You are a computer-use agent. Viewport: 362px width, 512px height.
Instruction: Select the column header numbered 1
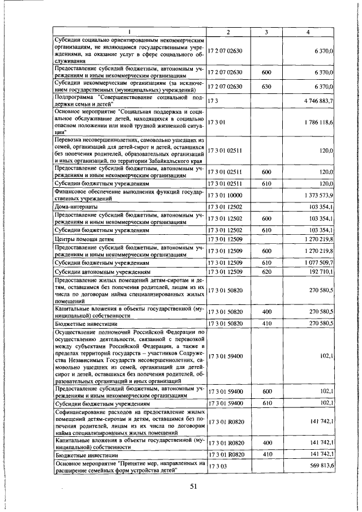tap(130, 33)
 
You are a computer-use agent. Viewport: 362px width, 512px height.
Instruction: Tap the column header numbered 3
tap(266, 33)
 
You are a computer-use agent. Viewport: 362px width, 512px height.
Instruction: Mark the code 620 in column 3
tap(266, 272)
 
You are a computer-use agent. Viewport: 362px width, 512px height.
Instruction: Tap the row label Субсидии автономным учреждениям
tap(102, 272)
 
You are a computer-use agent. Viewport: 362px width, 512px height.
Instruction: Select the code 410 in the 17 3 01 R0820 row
tap(266, 454)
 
